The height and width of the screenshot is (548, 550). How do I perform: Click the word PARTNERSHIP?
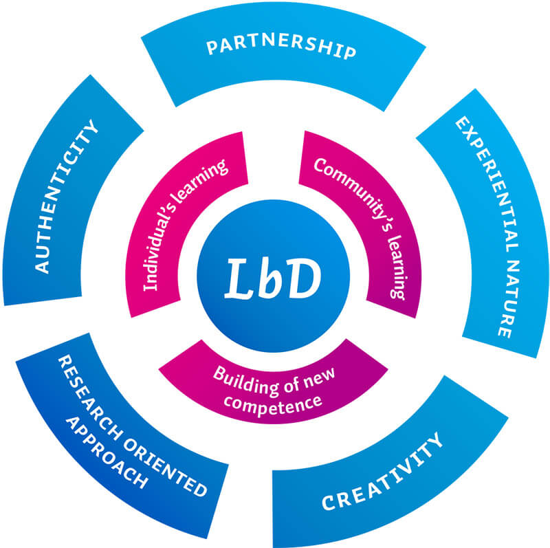281,49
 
